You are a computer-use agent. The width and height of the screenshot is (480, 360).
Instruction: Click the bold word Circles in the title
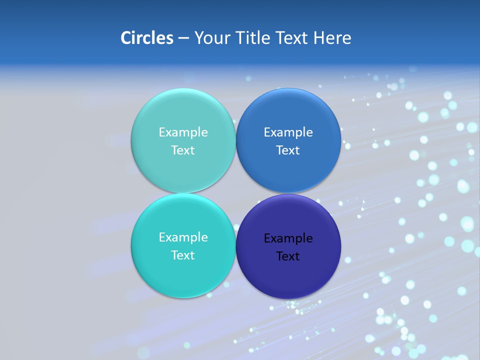point(147,38)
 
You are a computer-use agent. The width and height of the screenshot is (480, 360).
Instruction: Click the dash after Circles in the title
point(183,38)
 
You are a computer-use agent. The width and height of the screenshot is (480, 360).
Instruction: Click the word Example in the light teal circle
point(183,132)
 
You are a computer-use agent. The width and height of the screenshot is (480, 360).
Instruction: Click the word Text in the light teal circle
point(183,150)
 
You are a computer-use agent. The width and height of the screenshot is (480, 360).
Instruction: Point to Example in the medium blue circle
point(288,132)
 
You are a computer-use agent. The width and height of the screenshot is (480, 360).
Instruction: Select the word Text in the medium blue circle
point(288,150)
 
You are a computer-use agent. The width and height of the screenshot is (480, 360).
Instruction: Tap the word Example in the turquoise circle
point(183,237)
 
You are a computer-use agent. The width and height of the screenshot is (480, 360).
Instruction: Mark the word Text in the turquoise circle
point(183,255)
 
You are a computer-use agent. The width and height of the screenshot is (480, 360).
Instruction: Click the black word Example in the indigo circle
point(288,238)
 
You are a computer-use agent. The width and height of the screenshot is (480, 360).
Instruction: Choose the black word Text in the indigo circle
point(288,256)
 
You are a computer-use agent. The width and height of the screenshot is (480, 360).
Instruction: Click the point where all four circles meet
point(236,193)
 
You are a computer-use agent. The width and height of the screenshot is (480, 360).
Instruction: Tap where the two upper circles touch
point(236,140)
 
